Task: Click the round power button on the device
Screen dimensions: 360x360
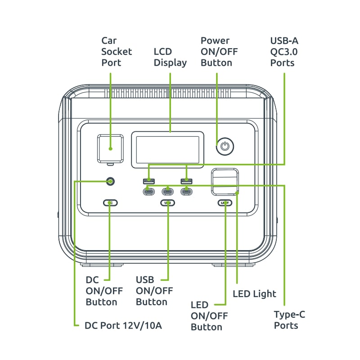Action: [x=225, y=146]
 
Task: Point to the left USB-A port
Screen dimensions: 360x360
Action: [x=149, y=181]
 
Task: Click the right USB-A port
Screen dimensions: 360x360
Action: [x=186, y=181]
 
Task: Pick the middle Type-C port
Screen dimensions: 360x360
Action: [x=168, y=191]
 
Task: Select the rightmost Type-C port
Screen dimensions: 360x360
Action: [x=186, y=191]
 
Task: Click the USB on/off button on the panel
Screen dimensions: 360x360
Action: [x=168, y=203]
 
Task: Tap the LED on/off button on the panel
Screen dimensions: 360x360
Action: [x=225, y=203]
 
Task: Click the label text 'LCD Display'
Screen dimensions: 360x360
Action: [x=170, y=57]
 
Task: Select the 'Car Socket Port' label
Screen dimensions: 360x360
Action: [x=117, y=52]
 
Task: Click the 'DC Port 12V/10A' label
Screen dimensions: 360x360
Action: [x=123, y=325]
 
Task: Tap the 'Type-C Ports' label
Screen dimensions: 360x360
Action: [x=289, y=319]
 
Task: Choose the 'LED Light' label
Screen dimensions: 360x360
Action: [x=254, y=294]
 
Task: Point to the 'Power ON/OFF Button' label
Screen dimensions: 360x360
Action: [x=219, y=52]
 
